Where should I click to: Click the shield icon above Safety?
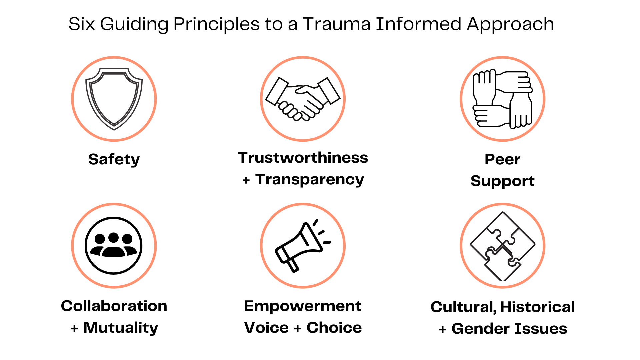114,99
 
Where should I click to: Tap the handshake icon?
303,99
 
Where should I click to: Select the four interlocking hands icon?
503,99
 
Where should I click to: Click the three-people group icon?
114,246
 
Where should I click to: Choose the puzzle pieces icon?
503,246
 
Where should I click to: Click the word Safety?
114,159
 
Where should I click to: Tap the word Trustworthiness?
303,158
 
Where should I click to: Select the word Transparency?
310,179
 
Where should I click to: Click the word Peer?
502,159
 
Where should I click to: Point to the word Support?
502,181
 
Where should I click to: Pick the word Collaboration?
114,306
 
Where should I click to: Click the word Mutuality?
121,328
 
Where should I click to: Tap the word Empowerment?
303,306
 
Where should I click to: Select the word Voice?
266,328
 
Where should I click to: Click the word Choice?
334,328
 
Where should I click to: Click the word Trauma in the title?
337,24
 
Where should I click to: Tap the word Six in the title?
81,24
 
